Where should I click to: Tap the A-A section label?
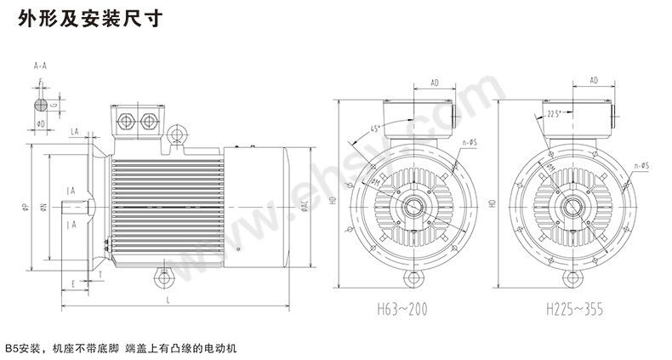point(40,65)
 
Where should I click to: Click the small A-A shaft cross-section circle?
point(41,106)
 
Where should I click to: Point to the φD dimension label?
point(41,124)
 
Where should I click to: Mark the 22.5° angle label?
point(557,112)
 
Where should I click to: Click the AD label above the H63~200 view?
point(434,83)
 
